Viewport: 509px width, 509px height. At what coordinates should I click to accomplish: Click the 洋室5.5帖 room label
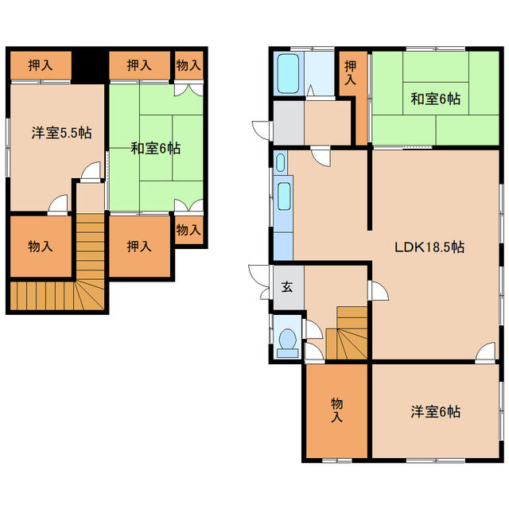pos(61,133)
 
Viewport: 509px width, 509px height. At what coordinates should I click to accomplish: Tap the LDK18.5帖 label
pos(429,247)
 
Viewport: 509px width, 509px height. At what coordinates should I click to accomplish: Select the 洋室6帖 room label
pos(435,412)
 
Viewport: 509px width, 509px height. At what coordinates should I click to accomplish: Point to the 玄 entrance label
pos(286,287)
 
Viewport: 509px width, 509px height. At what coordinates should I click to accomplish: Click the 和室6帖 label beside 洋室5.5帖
pos(155,148)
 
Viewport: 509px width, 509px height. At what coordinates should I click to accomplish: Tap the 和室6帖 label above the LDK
pos(434,99)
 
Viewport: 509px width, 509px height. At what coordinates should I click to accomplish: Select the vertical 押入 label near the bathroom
pos(351,76)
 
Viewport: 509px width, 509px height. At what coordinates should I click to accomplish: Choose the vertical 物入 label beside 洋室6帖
pos(336,411)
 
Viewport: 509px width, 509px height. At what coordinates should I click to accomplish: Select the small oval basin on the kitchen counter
pos(281,163)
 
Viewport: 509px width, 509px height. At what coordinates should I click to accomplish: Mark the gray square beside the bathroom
pos(287,123)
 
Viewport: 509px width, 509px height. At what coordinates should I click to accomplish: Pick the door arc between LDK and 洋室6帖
pos(487,353)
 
